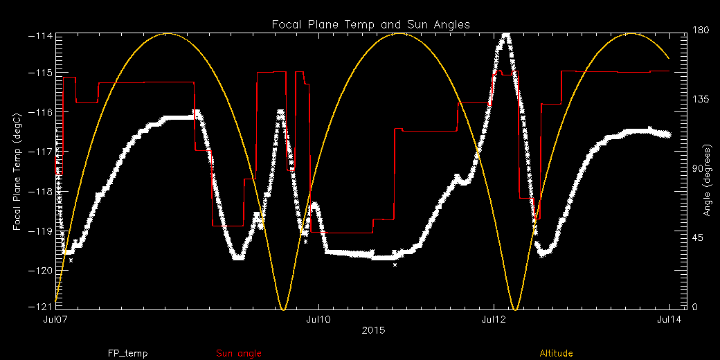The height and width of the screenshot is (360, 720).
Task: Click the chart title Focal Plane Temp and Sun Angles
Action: pos(370,24)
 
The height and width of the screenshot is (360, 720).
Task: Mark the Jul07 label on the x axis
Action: pos(55,320)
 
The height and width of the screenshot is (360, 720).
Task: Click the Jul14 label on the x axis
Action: pos(669,320)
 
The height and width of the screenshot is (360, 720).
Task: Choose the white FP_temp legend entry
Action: pos(127,354)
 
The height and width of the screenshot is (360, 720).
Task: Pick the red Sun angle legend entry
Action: pos(239,354)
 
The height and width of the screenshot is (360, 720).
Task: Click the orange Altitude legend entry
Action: pos(556,354)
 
